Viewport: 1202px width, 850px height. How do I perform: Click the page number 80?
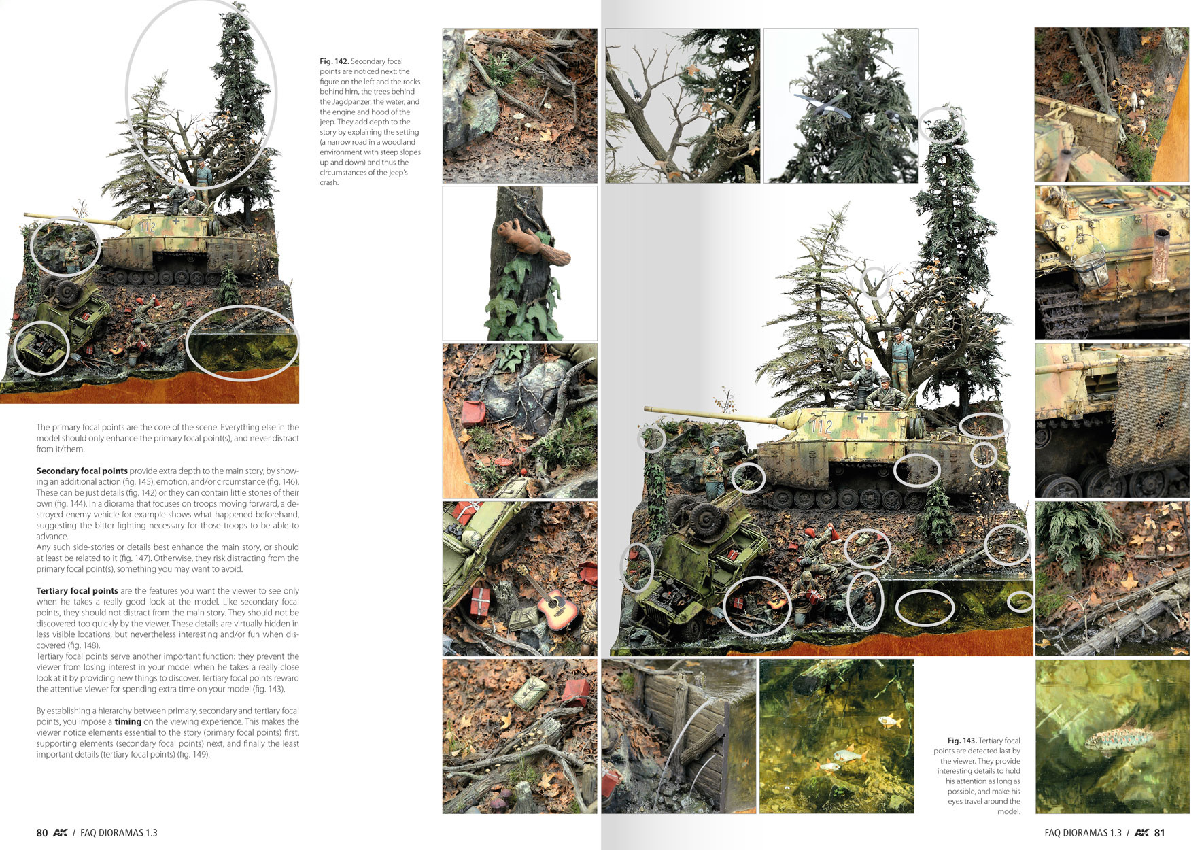pos(42,832)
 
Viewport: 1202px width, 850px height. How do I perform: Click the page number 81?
pos(1160,832)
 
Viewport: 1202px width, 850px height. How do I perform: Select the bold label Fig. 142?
pos(334,61)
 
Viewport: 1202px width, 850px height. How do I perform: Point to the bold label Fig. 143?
pos(962,741)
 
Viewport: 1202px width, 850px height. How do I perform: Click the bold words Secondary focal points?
pos(82,471)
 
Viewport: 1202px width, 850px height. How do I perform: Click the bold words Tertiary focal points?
pos(77,591)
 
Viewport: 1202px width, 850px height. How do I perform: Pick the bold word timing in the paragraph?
pos(128,721)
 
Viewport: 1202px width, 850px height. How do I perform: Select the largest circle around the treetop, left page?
pos(201,95)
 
